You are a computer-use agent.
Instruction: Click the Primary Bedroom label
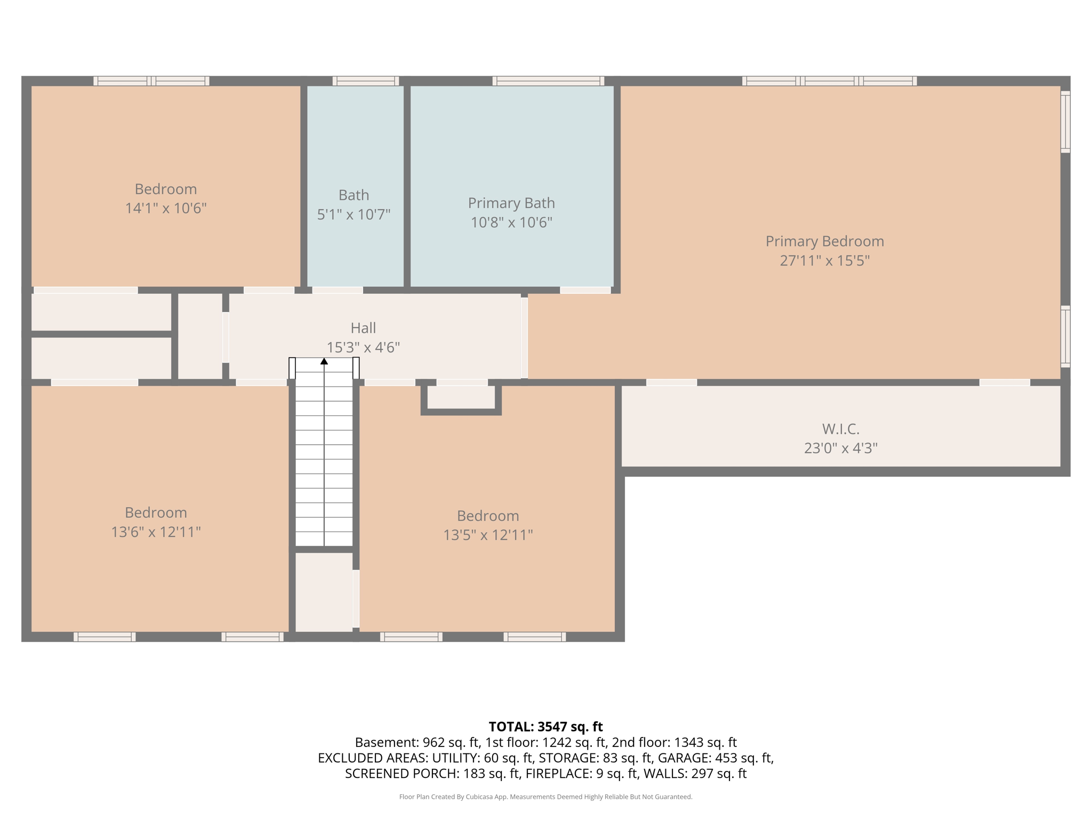click(x=824, y=242)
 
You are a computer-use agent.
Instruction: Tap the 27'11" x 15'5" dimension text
click(x=824, y=261)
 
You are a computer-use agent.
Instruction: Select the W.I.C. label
click(x=840, y=429)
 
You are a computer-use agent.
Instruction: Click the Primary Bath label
click(x=511, y=203)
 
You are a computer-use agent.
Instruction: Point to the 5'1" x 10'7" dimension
click(x=354, y=214)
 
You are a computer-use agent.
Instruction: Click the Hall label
click(x=363, y=328)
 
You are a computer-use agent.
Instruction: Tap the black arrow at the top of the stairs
click(x=324, y=362)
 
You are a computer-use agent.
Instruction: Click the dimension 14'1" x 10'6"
click(x=165, y=208)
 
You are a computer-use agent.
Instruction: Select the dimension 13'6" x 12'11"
click(x=156, y=532)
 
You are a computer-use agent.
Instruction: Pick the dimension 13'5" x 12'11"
click(x=488, y=535)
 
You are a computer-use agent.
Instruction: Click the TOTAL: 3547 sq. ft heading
click(x=545, y=727)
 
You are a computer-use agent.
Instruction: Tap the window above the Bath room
click(x=366, y=81)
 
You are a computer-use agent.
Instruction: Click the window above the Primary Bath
click(x=548, y=81)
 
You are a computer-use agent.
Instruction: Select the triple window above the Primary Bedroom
click(x=829, y=81)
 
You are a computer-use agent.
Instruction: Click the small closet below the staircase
click(x=324, y=592)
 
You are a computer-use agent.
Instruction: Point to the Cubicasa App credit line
click(x=545, y=797)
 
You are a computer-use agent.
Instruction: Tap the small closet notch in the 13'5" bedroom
click(x=461, y=397)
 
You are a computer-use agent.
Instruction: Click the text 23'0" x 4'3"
click(x=840, y=448)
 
